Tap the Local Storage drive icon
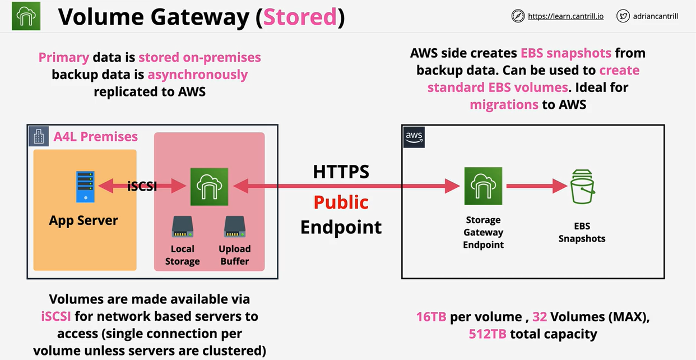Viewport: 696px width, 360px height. tap(183, 226)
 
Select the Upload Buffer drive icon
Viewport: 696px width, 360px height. tap(235, 226)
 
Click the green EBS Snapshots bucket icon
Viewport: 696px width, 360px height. tap(582, 187)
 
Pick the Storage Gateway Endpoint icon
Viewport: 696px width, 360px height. tap(483, 186)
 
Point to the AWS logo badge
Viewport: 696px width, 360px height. tap(414, 137)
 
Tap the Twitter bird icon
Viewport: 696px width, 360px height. tap(623, 16)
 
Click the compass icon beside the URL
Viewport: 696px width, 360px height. tap(518, 16)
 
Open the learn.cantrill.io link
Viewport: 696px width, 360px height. tap(565, 16)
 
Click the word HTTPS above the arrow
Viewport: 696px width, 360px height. tap(341, 172)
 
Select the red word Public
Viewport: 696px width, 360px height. tap(341, 202)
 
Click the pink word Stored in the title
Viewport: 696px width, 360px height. tap(300, 18)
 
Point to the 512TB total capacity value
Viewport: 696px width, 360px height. tap(488, 334)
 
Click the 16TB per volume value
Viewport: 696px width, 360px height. tap(431, 317)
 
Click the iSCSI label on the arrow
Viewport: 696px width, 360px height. tap(142, 187)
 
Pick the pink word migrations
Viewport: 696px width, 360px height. tap(504, 104)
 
